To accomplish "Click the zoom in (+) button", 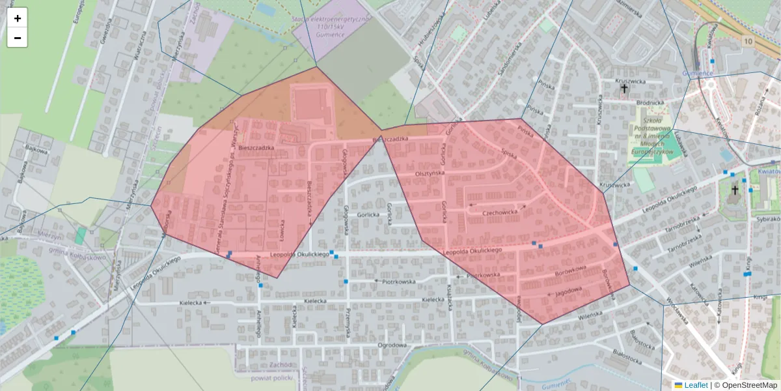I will point(17,18).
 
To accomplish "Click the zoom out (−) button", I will point(17,38).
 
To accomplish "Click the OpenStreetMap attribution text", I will point(747,385).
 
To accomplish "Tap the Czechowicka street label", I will point(500,213).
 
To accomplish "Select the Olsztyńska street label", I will point(430,174).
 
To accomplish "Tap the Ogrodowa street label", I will point(392,345).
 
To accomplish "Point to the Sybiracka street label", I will point(768,220).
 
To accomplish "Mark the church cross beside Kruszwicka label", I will point(624,88).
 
